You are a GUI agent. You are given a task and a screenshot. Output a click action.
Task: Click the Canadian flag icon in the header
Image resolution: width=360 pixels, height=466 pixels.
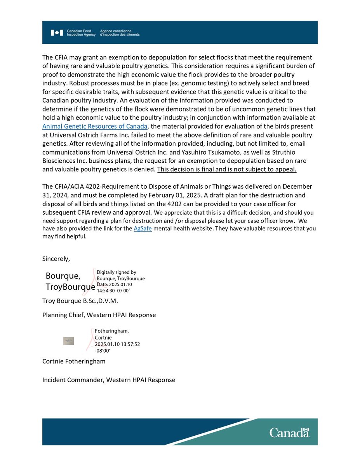(56, 33)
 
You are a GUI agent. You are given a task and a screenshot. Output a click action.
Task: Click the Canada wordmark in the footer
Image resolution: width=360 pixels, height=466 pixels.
(289, 432)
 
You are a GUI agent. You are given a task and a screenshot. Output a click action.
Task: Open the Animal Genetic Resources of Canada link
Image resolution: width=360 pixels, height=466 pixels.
(95, 126)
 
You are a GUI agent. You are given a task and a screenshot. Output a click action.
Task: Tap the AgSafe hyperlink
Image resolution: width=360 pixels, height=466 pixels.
(143, 228)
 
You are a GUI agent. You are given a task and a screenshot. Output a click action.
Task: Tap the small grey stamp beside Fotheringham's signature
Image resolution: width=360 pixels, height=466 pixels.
(68, 341)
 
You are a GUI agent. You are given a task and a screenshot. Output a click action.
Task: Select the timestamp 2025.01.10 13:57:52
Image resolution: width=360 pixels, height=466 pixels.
(117, 344)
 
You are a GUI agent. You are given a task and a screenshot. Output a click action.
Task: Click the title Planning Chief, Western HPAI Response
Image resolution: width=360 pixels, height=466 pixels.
(99, 315)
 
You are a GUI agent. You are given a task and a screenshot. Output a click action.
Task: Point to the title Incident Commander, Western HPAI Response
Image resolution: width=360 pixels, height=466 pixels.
(109, 380)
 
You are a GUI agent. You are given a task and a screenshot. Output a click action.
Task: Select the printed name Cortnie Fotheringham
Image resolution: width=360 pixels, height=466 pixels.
(74, 361)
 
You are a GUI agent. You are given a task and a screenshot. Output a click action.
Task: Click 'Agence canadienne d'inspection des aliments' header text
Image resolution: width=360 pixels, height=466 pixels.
(119, 33)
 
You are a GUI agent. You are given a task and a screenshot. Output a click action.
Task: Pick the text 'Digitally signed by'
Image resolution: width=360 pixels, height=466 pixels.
(116, 273)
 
